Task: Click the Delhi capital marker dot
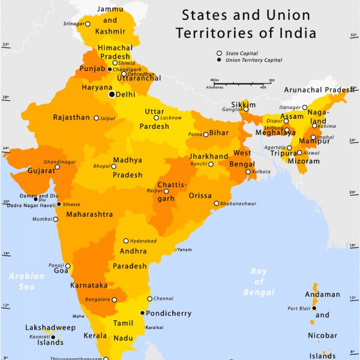coord(111,94)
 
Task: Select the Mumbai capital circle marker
coord(56,219)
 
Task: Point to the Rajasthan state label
coord(71,118)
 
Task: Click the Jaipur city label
coord(108,118)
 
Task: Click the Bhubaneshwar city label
coord(239,204)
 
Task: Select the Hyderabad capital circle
coord(126,241)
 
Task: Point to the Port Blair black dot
coord(314,308)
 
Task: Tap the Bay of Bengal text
coord(259,282)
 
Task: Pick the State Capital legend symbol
coord(219,53)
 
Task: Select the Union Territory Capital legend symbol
coord(219,60)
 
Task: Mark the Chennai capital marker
coord(149,299)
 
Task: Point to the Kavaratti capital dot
coord(53,338)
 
